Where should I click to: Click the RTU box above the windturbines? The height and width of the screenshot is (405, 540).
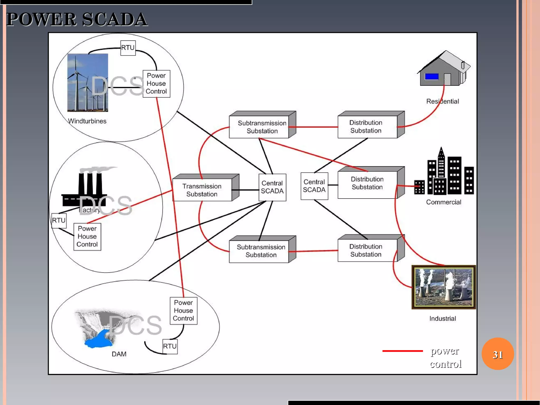point(128,48)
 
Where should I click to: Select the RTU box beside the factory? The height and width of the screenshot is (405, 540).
point(59,220)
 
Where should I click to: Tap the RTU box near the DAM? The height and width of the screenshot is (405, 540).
point(170,346)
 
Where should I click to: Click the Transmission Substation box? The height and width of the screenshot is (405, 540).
point(202,190)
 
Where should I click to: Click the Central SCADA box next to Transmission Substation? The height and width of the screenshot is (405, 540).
point(272,187)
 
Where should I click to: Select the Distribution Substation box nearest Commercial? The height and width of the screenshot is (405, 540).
point(367,184)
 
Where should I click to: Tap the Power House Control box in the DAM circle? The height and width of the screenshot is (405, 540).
point(184,311)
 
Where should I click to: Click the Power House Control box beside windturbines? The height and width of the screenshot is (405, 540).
point(156,84)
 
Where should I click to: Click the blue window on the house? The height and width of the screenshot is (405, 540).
point(432,77)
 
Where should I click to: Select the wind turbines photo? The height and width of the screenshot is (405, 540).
point(88,83)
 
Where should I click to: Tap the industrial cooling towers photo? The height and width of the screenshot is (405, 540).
point(443,287)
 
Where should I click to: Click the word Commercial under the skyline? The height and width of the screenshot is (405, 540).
point(443,202)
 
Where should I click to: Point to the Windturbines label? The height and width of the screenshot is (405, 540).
point(87,121)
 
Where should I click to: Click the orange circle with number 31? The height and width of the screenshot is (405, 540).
point(498,354)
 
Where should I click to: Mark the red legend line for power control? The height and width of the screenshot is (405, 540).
point(402,351)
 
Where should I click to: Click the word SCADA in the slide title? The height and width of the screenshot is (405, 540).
point(115,20)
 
